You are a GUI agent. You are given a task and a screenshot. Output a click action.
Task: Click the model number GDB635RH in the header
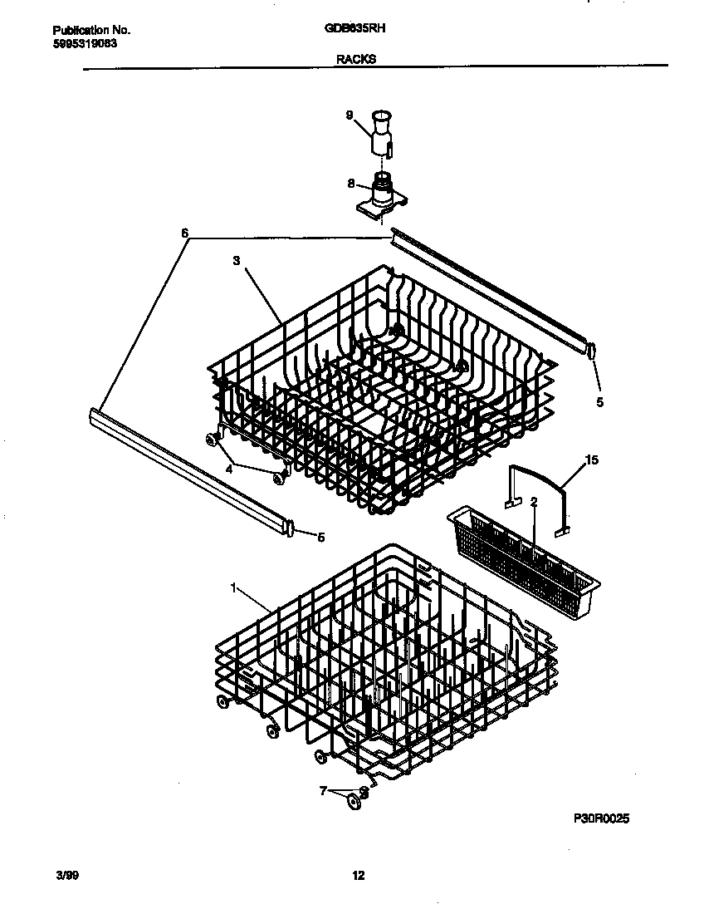(354, 27)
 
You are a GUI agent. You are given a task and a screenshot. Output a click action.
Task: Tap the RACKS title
(355, 59)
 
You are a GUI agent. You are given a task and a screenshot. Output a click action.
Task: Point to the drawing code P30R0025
(601, 818)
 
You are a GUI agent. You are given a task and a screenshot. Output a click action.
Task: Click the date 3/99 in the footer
(66, 875)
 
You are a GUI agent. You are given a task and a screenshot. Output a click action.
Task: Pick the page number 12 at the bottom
(358, 875)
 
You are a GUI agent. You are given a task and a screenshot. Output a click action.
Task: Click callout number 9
(350, 115)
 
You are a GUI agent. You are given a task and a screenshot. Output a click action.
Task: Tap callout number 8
(351, 184)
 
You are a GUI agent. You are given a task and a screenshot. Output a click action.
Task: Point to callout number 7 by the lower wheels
(324, 790)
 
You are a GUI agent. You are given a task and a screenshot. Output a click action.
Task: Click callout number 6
(184, 234)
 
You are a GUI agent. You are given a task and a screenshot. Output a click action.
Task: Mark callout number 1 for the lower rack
(234, 587)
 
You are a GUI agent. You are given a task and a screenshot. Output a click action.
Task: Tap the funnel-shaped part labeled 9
(381, 133)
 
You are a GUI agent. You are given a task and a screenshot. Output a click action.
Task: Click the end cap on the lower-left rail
(290, 528)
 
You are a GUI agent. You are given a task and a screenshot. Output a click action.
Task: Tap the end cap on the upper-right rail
(590, 351)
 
